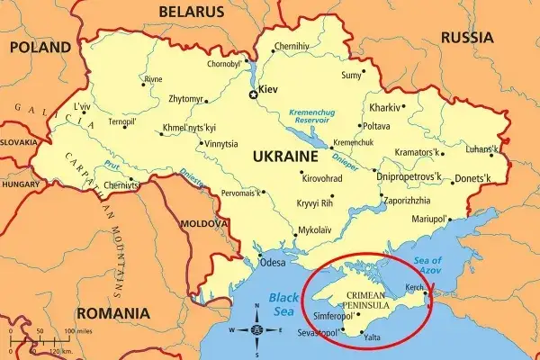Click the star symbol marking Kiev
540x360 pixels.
[252, 91]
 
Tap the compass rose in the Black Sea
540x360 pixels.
[257, 329]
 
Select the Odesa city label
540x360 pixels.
[272, 263]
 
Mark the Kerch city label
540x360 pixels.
[415, 287]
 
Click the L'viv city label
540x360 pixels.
[82, 106]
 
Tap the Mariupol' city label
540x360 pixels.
[428, 219]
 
